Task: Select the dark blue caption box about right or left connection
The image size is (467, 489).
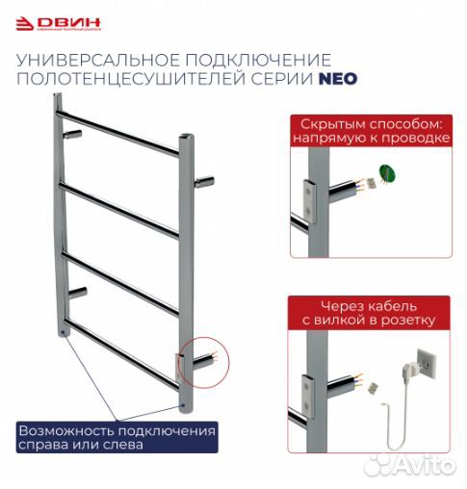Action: click(x=116, y=437)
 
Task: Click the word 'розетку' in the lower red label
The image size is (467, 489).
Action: click(x=408, y=320)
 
